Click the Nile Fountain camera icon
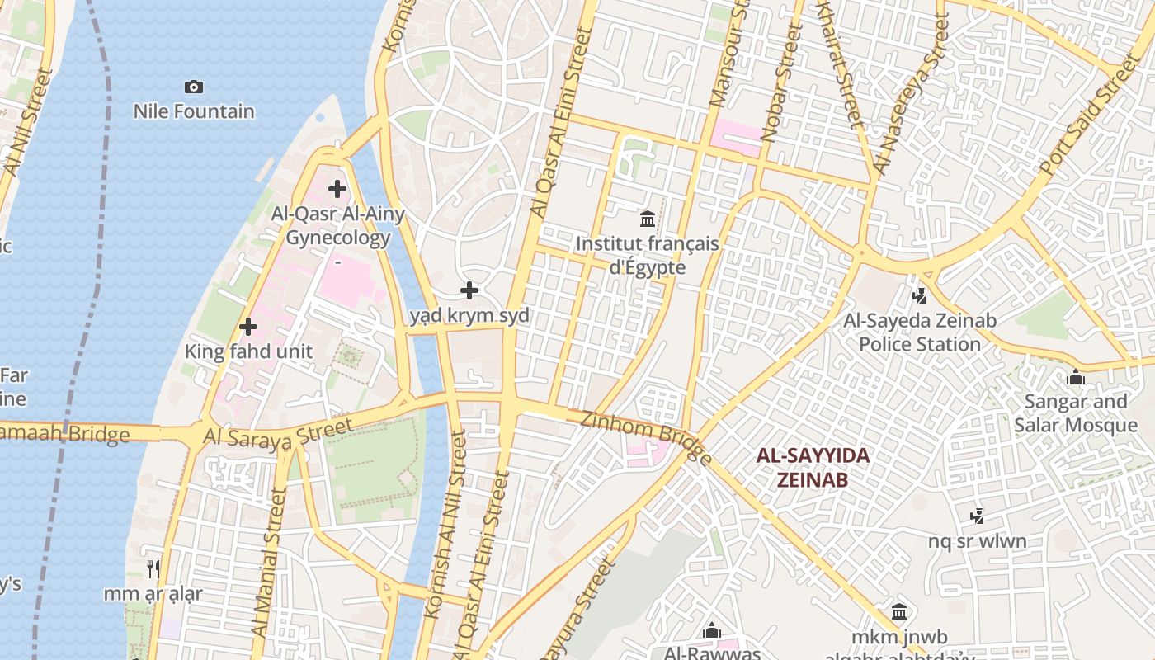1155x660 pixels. point(194,87)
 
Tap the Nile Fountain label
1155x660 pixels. point(194,111)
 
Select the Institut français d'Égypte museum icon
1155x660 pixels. point(648,219)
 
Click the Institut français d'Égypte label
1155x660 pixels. point(648,256)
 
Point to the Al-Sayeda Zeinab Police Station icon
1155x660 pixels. point(919,295)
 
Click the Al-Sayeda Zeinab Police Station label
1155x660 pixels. point(920,332)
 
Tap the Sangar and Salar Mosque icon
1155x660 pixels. point(1076,378)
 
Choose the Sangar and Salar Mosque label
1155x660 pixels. point(1076,413)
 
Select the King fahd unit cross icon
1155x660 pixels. point(247,327)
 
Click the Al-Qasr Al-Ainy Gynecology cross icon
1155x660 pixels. point(337,189)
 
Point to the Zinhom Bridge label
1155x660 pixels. point(646,435)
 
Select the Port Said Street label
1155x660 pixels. point(1088,115)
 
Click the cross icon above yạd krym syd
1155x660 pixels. point(469,290)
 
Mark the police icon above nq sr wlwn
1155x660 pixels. point(978,516)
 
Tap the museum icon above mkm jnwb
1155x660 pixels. point(899,612)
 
